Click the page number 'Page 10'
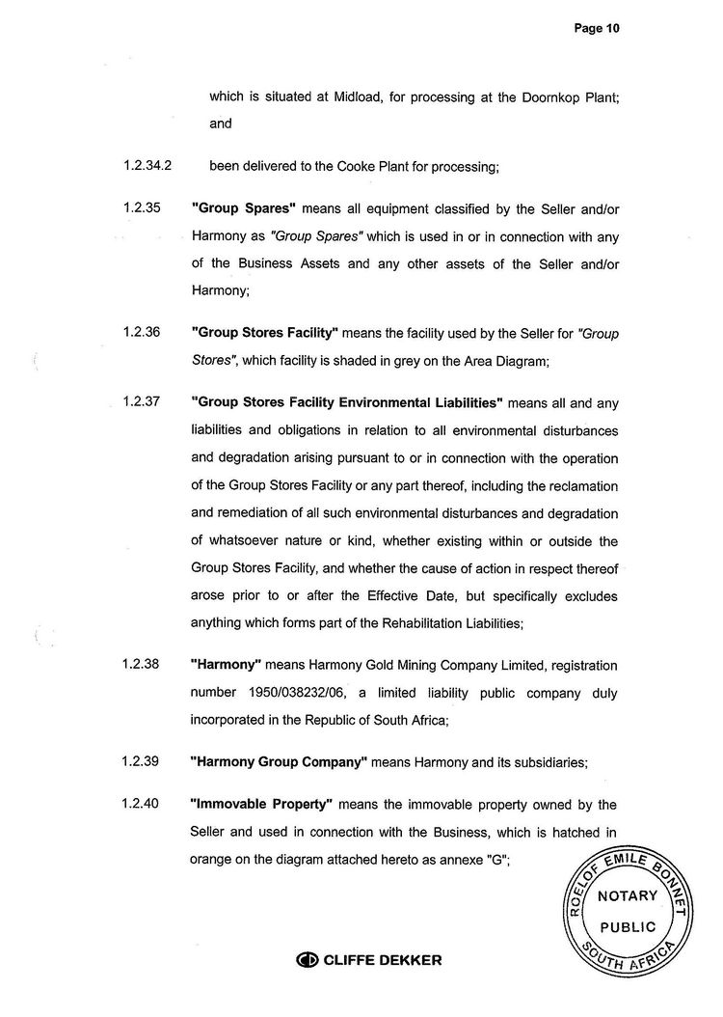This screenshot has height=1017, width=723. pos(596,29)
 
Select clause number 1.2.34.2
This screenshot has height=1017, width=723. pos(147,165)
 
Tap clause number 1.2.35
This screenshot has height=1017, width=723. pos(141,207)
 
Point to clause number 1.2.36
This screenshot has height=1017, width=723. pos(141,333)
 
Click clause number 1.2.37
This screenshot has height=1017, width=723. pos(141,401)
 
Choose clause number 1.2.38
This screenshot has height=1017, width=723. pos(141,665)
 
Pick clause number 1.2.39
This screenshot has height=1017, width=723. pos(141,761)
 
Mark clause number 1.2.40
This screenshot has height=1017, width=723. pos(141,804)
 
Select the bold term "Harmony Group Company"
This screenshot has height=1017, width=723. pos(279,761)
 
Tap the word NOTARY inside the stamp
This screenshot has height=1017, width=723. pos(628,895)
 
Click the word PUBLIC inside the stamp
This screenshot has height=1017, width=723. pos(629,927)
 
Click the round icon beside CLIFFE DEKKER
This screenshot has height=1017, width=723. pos(308,960)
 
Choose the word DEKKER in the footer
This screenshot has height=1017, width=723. pos(410,960)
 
